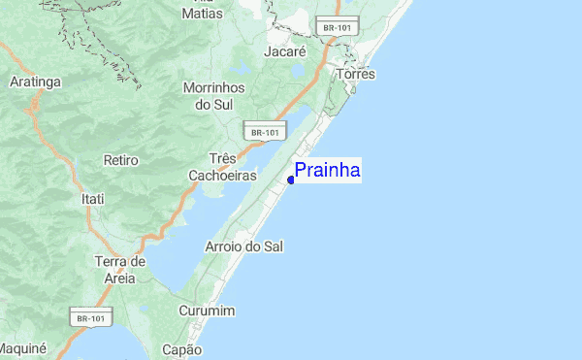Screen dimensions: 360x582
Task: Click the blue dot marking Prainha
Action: (291, 180)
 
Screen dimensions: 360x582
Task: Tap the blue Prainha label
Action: (328, 171)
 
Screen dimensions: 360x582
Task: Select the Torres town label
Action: (355, 74)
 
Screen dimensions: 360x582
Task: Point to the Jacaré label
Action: (286, 49)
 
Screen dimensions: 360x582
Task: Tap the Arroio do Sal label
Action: (244, 246)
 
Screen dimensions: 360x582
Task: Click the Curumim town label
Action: (208, 311)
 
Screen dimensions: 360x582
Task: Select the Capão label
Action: (181, 349)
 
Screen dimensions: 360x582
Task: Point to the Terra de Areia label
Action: (120, 269)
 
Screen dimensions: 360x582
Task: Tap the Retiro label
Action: (120, 159)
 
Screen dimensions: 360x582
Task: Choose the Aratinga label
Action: (35, 82)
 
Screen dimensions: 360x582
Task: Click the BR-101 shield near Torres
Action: (337, 28)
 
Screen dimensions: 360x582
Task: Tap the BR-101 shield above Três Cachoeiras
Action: (264, 131)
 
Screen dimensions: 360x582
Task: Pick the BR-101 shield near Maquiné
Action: (92, 316)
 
